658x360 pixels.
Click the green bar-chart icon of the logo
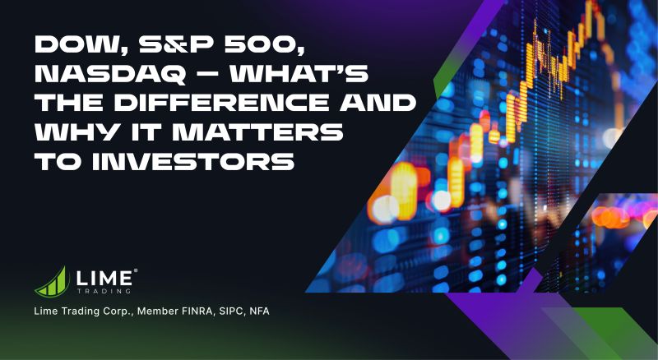coord(51,280)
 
